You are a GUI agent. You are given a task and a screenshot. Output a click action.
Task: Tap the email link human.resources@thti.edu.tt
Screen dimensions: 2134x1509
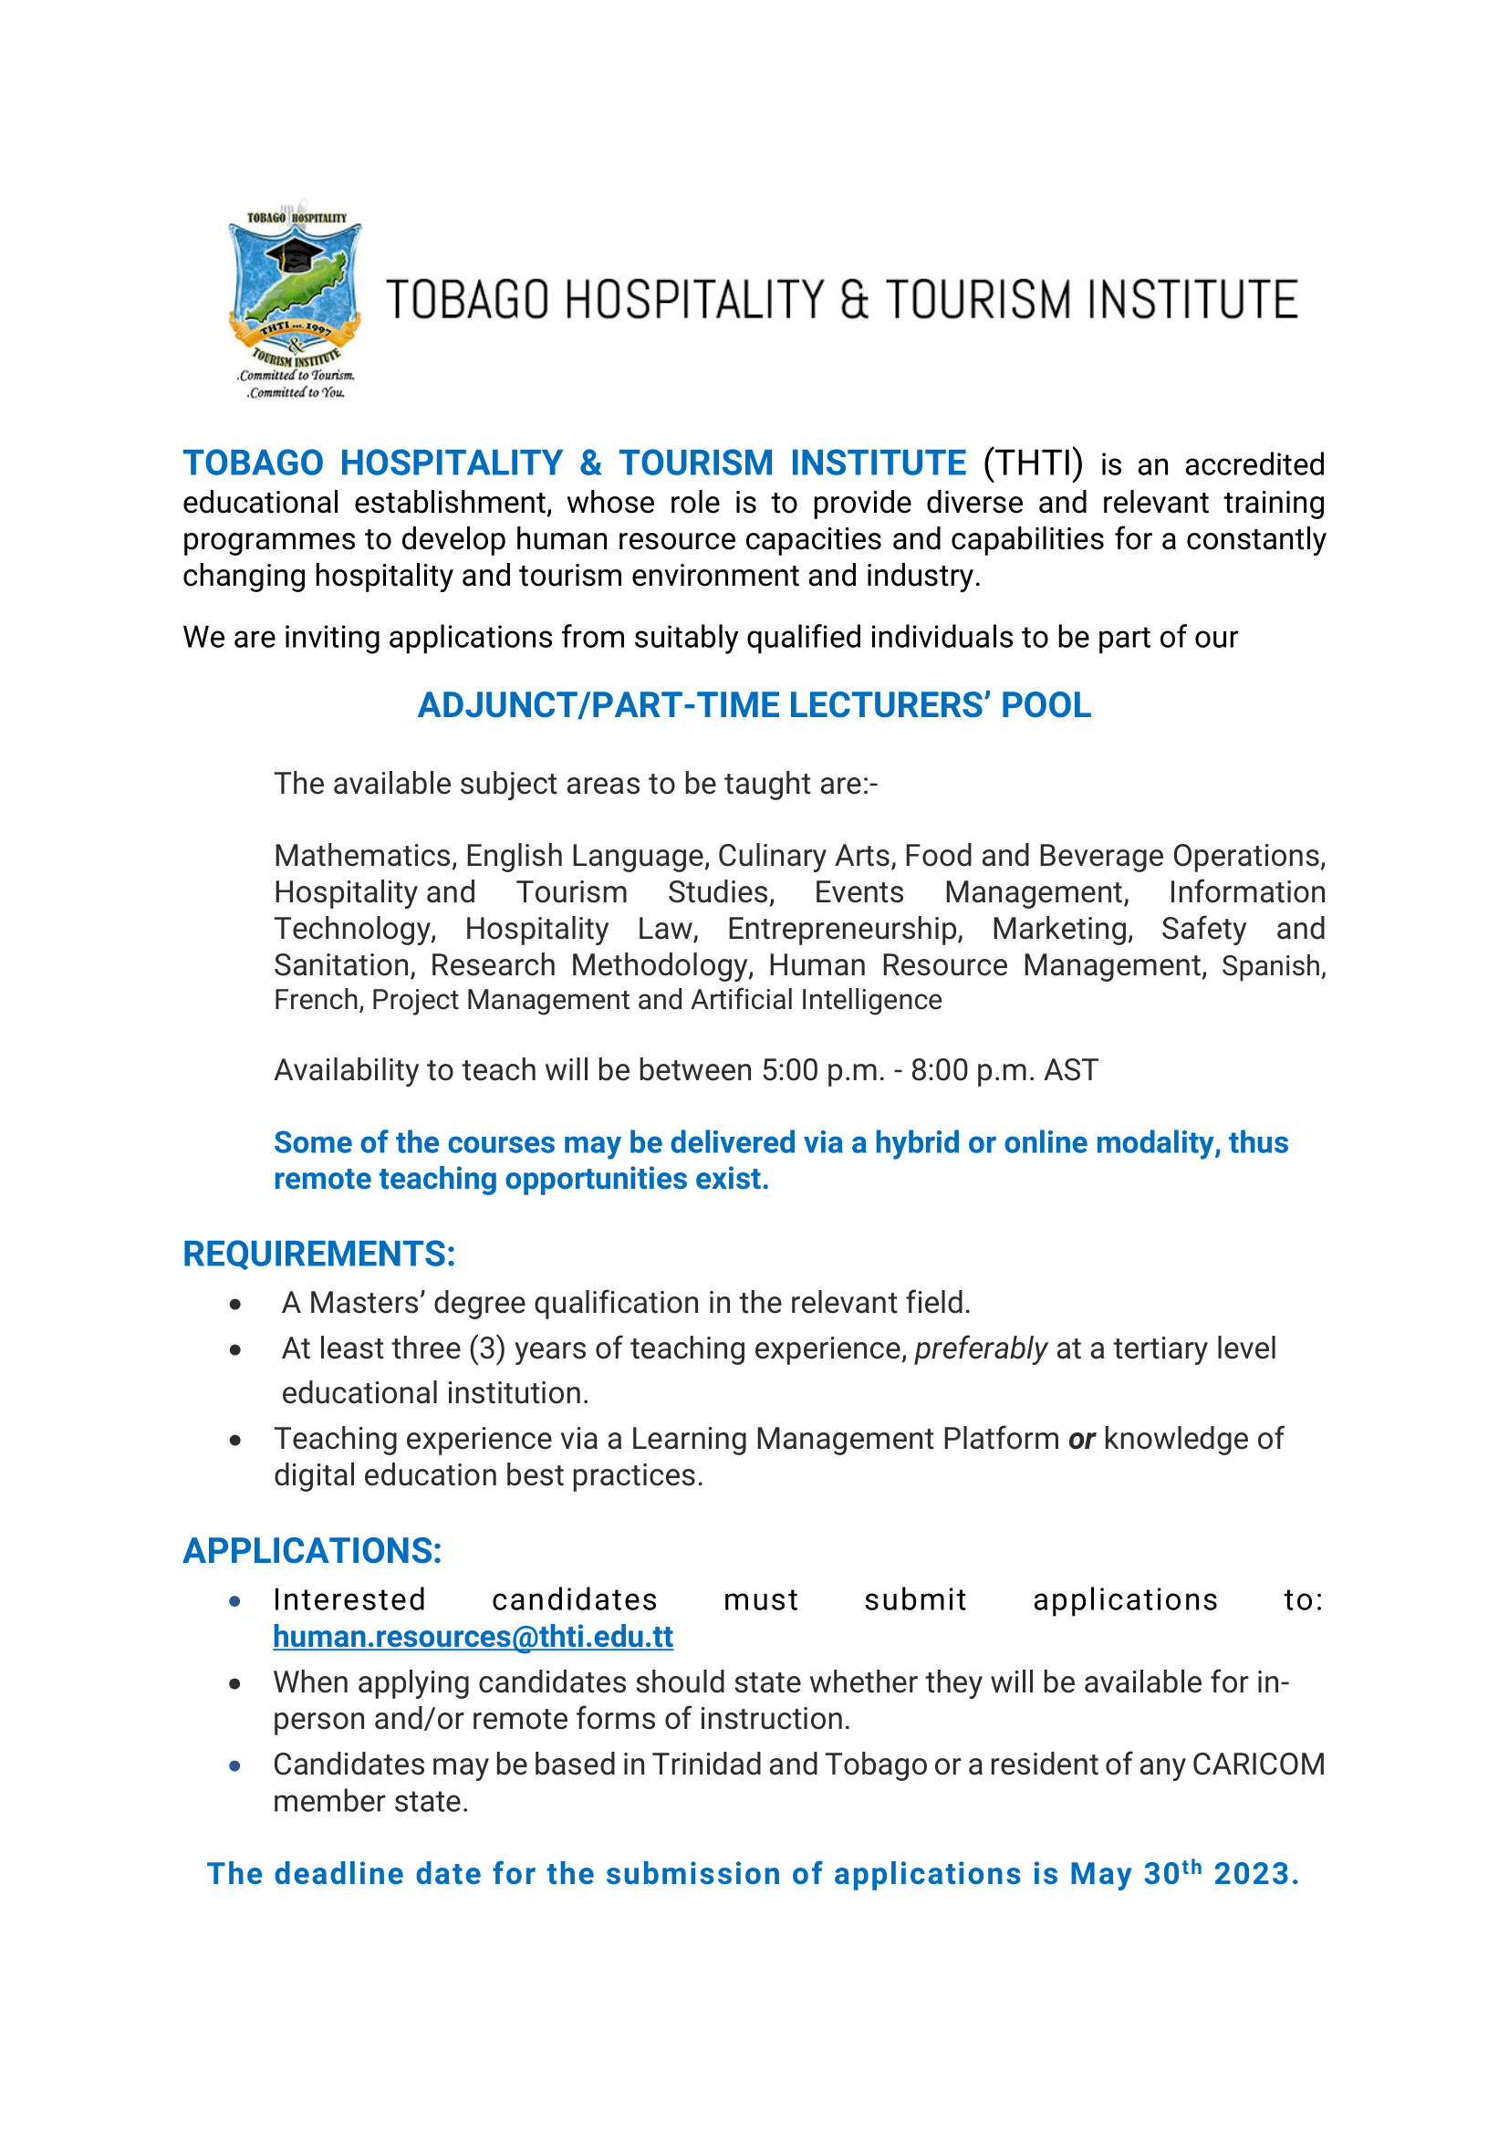pyautogui.click(x=472, y=1636)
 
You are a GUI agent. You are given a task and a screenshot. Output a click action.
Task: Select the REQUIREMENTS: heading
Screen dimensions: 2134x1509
pyautogui.click(x=318, y=1254)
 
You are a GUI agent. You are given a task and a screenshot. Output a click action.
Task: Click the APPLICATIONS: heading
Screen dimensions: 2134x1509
pyautogui.click(x=312, y=1550)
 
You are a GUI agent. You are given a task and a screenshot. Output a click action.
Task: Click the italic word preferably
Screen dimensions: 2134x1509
pyautogui.click(x=980, y=1348)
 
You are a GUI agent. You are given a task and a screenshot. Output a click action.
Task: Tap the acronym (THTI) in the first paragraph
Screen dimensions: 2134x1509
pyautogui.click(x=1033, y=463)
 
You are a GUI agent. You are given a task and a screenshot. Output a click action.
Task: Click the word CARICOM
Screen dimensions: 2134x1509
pyautogui.click(x=1258, y=1764)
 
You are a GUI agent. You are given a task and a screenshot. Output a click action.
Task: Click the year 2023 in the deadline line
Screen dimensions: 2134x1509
pyautogui.click(x=1254, y=1874)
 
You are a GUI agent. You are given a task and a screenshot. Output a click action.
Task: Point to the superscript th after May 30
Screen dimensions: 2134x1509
pyautogui.click(x=1192, y=1867)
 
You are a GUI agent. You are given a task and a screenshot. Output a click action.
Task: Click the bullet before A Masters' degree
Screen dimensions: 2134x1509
pyautogui.click(x=236, y=1305)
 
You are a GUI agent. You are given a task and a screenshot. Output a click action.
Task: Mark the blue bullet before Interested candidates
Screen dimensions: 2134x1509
pyautogui.click(x=236, y=1601)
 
